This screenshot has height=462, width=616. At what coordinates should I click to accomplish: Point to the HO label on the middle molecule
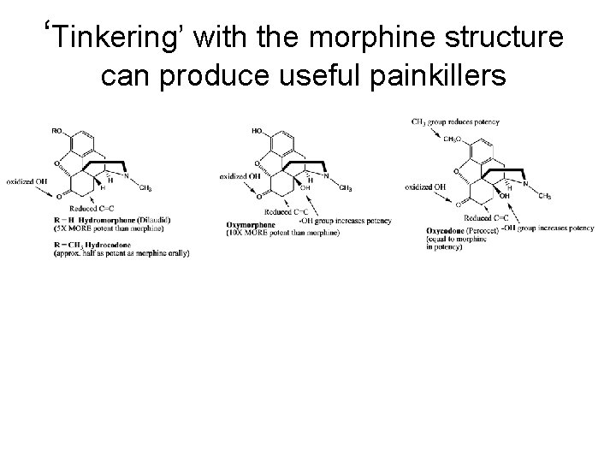point(258,131)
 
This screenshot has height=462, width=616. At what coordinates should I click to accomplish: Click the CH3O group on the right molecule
point(453,138)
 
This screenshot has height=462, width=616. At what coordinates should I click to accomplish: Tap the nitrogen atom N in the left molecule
point(127,175)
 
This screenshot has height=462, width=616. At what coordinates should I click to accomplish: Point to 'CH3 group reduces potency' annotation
point(456,121)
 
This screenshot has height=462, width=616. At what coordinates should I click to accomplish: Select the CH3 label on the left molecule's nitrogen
point(145,188)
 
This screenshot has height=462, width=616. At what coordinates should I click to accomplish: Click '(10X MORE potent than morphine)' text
point(283,234)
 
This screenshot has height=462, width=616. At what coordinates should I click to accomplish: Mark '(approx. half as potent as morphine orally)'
point(121,252)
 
